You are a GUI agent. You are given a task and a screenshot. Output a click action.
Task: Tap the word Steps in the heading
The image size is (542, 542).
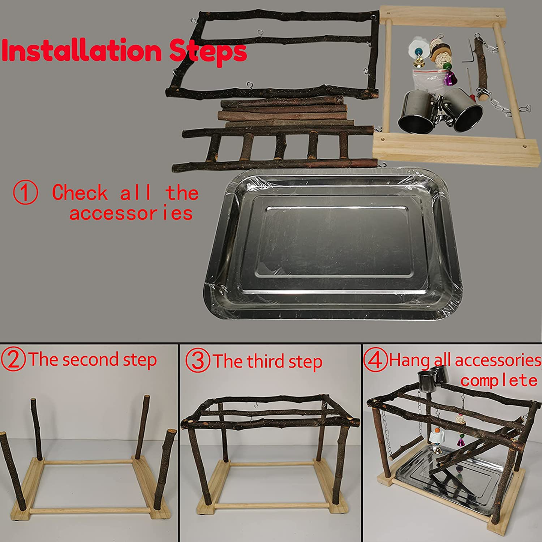point(208,51)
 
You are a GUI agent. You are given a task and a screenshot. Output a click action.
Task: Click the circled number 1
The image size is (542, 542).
point(26,192)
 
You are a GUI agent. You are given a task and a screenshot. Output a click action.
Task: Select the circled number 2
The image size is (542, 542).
point(13,359)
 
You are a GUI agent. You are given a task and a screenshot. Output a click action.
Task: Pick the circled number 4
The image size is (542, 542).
point(375,360)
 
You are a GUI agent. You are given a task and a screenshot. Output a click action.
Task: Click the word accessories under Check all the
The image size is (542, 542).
point(131,213)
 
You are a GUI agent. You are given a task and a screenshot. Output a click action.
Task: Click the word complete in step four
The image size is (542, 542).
point(499,380)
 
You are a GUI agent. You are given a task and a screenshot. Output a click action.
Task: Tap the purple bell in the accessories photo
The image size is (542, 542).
point(449,78)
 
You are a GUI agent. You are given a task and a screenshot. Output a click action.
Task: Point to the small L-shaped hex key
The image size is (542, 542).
point(467,53)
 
